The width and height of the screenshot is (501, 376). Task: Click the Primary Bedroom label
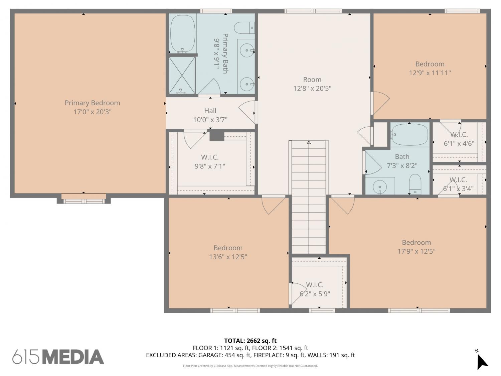point(92,103)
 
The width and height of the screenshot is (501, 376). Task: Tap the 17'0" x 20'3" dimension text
point(92,112)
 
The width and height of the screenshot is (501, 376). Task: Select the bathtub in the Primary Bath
point(183,34)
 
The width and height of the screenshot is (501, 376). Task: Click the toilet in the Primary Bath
point(244,28)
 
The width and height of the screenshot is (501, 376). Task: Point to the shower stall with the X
point(182,75)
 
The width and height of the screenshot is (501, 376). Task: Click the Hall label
point(210,111)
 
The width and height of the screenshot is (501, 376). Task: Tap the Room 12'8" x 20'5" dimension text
point(312,88)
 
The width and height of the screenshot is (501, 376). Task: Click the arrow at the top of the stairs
point(309,142)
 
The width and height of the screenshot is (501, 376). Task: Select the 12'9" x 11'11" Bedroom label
point(430,64)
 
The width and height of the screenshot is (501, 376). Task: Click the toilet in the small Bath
point(415,184)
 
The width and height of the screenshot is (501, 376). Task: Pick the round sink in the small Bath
point(380,187)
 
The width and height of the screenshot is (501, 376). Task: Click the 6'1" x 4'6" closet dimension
point(459,143)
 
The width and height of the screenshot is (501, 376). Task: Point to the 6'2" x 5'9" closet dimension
point(315,293)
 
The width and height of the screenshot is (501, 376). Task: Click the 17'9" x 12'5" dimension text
point(416,251)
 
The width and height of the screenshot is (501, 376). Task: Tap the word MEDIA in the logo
point(74,357)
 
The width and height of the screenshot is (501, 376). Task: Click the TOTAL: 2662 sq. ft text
point(250,341)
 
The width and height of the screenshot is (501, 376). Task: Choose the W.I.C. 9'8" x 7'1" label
point(210,162)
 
